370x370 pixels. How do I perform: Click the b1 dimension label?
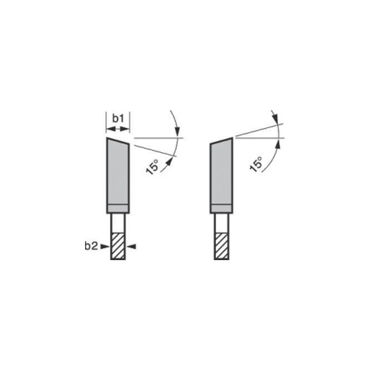(x=118, y=119)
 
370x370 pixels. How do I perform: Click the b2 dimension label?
(x=91, y=246)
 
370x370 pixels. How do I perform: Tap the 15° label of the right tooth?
(x=255, y=163)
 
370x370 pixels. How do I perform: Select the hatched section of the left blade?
(x=118, y=246)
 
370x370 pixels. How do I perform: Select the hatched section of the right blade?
(x=222, y=246)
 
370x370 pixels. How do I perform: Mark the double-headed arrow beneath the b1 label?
(x=118, y=129)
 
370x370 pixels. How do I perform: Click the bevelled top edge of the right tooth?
(x=221, y=141)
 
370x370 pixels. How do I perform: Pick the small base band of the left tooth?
(x=118, y=208)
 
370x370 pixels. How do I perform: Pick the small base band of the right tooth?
(x=221, y=208)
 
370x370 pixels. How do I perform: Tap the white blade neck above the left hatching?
(x=118, y=223)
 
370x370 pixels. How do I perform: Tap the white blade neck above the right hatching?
(x=222, y=223)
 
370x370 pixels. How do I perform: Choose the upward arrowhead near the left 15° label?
(x=171, y=159)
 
